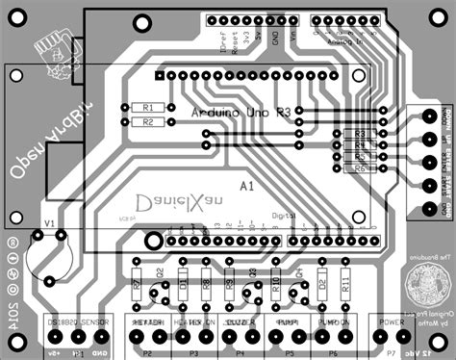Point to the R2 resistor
click(147, 122)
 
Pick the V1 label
click(49, 221)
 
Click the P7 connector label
click(391, 354)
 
